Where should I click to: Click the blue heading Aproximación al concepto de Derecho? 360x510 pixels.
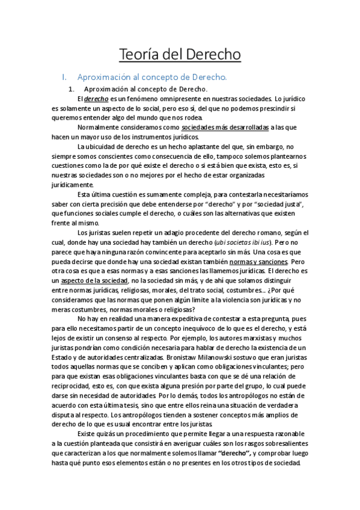coord(152,78)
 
